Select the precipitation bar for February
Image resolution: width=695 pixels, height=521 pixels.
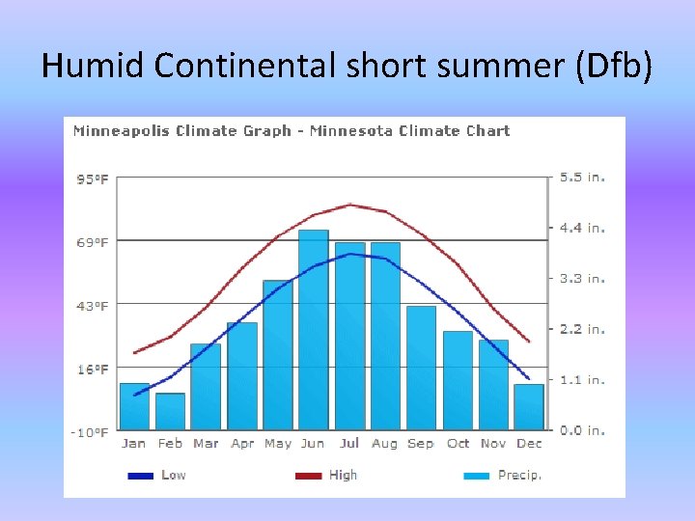coord(170,411)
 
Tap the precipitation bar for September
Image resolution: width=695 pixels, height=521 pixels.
coord(421,368)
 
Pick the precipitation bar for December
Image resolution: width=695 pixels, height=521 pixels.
coord(529,406)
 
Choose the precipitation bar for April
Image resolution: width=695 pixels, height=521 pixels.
coord(242,376)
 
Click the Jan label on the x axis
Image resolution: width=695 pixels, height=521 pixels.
coord(134,444)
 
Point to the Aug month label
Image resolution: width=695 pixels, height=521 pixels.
coord(384,444)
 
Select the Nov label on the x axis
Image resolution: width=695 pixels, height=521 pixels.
coord(492,444)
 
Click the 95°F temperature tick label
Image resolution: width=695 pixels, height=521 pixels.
coord(93,179)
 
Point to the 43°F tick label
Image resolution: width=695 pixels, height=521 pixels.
coord(93,306)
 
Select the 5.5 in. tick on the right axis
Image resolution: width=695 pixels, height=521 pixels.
coord(583,178)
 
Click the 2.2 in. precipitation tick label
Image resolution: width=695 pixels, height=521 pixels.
coord(583,329)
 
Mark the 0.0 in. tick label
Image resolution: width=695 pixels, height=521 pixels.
coord(583,430)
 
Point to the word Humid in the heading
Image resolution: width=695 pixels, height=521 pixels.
coord(91,66)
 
